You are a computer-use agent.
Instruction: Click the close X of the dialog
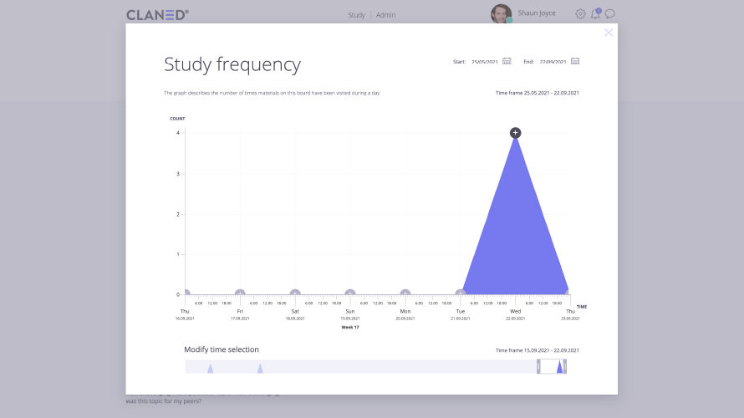pos(609,33)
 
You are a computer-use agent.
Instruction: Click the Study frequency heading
pos(232,65)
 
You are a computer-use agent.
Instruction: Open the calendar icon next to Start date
pos(507,61)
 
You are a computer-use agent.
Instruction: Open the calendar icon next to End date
pos(575,61)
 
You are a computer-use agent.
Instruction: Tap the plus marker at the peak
pos(515,133)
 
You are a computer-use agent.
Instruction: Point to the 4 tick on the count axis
pos(177,133)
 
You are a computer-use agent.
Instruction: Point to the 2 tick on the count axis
pos(177,214)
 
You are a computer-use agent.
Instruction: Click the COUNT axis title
pos(177,119)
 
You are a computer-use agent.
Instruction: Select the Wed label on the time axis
pos(515,311)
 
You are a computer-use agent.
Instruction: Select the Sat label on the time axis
pos(295,311)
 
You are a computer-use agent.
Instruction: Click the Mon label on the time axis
pos(405,311)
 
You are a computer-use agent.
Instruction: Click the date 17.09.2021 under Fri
pos(240,319)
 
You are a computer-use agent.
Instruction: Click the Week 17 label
pos(350,327)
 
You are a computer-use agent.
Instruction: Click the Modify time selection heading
pos(222,349)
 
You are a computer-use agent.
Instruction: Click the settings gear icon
pos(580,14)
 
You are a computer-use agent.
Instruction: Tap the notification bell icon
pos(595,14)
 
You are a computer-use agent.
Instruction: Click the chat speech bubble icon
pos(610,14)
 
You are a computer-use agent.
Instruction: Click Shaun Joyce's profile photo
pos(501,14)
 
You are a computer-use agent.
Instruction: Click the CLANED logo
pos(157,14)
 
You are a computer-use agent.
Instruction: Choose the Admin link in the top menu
pos(385,15)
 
